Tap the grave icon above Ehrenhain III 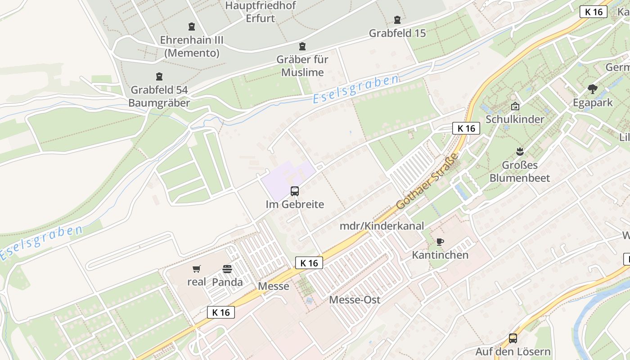click(x=192, y=27)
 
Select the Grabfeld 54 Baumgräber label click(x=159, y=96)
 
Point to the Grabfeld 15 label click(x=397, y=33)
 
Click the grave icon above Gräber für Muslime click(x=302, y=46)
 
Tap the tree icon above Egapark click(x=593, y=89)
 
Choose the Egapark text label click(x=593, y=103)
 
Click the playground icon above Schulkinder click(x=515, y=107)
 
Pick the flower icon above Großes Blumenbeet click(x=520, y=151)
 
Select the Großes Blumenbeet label click(x=520, y=171)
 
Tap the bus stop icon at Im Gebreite click(x=295, y=191)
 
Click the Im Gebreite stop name click(x=295, y=204)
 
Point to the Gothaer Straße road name click(x=427, y=181)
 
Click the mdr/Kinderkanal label click(x=382, y=226)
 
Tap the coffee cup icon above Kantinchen click(x=440, y=242)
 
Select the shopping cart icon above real click(x=196, y=269)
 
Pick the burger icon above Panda click(x=227, y=269)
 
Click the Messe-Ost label click(x=355, y=300)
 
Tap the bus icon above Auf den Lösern click(x=513, y=338)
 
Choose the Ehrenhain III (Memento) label click(x=192, y=46)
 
